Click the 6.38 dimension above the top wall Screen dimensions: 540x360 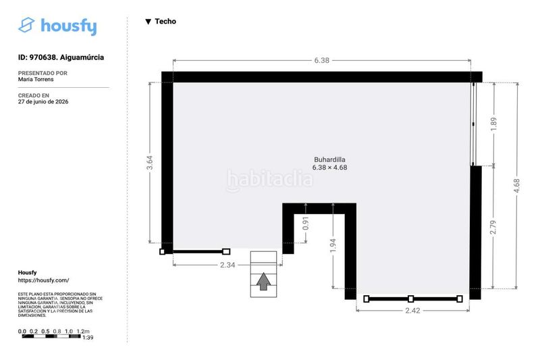click(x=322, y=60)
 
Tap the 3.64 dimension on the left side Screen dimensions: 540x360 click(x=149, y=163)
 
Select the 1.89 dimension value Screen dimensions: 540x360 click(x=493, y=124)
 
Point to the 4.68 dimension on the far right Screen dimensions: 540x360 click(x=516, y=186)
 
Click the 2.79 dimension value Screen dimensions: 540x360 click(x=493, y=228)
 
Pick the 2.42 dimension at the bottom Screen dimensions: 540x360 click(x=412, y=311)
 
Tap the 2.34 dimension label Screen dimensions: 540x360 click(x=227, y=265)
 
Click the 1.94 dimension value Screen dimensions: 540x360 click(x=333, y=246)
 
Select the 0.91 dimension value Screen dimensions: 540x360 click(x=306, y=224)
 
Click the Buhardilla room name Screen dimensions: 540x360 click(x=329, y=159)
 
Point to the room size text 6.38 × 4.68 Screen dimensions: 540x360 click(x=329, y=168)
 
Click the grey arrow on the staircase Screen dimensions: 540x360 click(x=263, y=282)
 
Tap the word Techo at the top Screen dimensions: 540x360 click(x=165, y=22)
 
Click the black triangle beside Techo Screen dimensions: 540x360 click(x=148, y=22)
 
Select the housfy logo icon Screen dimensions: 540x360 click(x=26, y=25)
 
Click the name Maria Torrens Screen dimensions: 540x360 click(x=36, y=79)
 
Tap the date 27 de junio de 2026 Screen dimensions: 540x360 click(x=43, y=101)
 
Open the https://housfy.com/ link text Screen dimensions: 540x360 click(x=43, y=280)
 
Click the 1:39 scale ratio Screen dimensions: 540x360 click(x=88, y=338)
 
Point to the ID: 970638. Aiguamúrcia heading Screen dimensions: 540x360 click(x=61, y=57)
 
